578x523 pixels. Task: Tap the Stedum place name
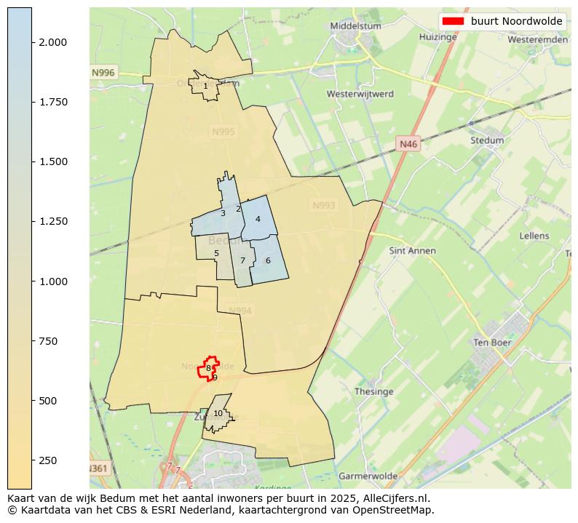487,140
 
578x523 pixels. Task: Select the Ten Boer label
491,342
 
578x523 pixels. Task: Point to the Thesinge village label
373,391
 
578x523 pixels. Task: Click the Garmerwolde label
368,476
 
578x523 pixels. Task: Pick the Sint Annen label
413,251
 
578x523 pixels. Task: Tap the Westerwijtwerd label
360,95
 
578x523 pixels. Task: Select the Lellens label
534,236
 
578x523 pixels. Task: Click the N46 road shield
408,145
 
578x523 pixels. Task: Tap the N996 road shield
103,73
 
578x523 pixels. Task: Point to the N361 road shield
100,468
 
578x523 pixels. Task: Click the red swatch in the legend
452,21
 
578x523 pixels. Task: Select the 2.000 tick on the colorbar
53,42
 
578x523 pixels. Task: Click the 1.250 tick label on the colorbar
53,221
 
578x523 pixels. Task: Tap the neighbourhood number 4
258,219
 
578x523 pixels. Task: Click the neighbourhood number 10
218,413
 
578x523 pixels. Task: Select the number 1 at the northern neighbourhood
205,86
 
